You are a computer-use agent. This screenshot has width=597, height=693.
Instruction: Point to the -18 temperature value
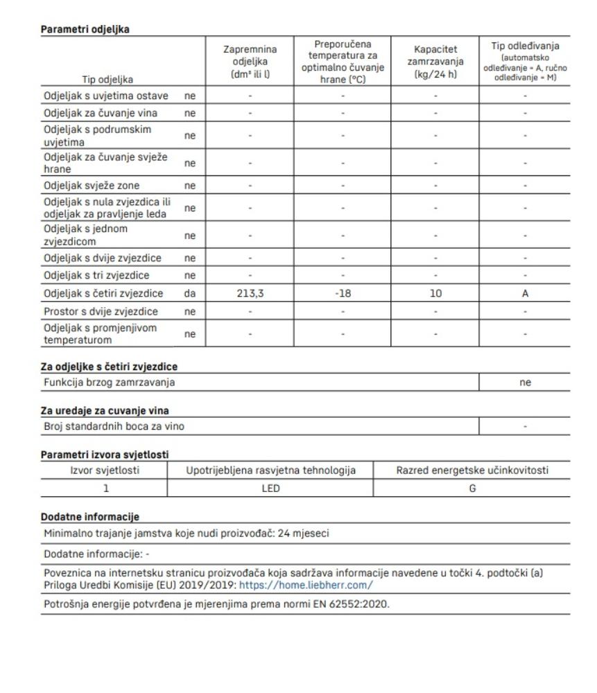tap(343, 293)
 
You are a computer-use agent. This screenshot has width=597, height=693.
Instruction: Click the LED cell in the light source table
tap(271, 489)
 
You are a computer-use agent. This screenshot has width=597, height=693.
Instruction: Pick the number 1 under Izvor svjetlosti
tap(105, 489)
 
